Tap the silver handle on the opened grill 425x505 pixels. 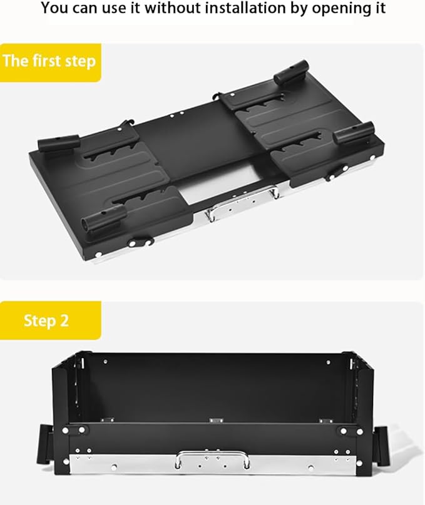coord(212,459)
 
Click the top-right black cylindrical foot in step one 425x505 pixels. coord(291,73)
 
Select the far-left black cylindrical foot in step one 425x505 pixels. coord(59,143)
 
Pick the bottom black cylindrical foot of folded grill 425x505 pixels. coord(104,217)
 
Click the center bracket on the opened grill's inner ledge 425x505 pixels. coord(217,421)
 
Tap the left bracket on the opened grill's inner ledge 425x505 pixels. coord(107,420)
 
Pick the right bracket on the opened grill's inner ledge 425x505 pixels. coord(325,421)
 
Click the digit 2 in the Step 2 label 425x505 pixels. coord(64,320)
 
